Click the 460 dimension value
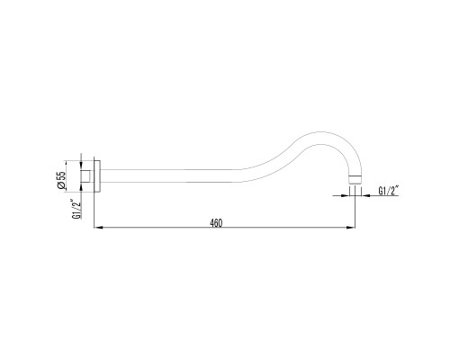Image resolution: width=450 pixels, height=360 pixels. pos(215,223)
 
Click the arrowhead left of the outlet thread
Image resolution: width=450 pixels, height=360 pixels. pos(348,191)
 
